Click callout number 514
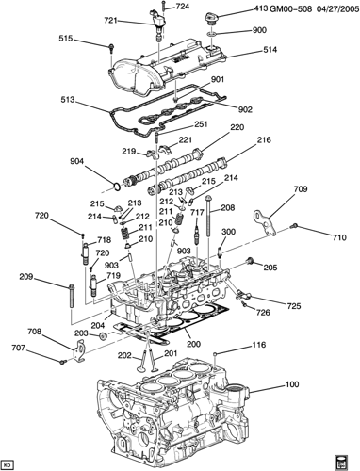(270, 50)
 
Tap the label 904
(77, 162)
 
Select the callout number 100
(292, 384)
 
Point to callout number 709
(301, 189)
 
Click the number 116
(259, 345)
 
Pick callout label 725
(294, 305)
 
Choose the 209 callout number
(26, 277)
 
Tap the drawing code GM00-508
(290, 8)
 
